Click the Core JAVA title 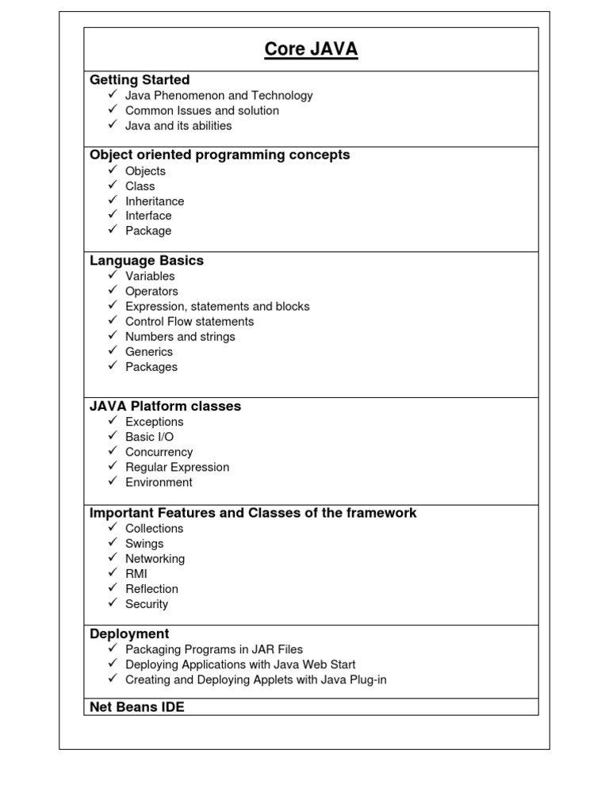coord(311,50)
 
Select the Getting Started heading coord(140,80)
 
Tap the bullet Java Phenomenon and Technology coord(219,96)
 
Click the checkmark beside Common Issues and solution coord(113,110)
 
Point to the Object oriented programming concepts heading coord(220,155)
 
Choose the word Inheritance coord(155,201)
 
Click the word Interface coord(148,216)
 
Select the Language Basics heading coord(147,261)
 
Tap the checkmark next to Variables coord(113,276)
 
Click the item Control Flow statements coord(190,322)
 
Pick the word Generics coord(149,352)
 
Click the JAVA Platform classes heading coord(165,407)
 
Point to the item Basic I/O coord(149,437)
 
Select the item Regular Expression coord(177,467)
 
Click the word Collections coord(154,529)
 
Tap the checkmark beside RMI coord(113,573)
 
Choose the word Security coord(147,604)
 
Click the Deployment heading coord(129,634)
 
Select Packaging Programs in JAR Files coord(214,649)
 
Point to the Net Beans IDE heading coord(137,707)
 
